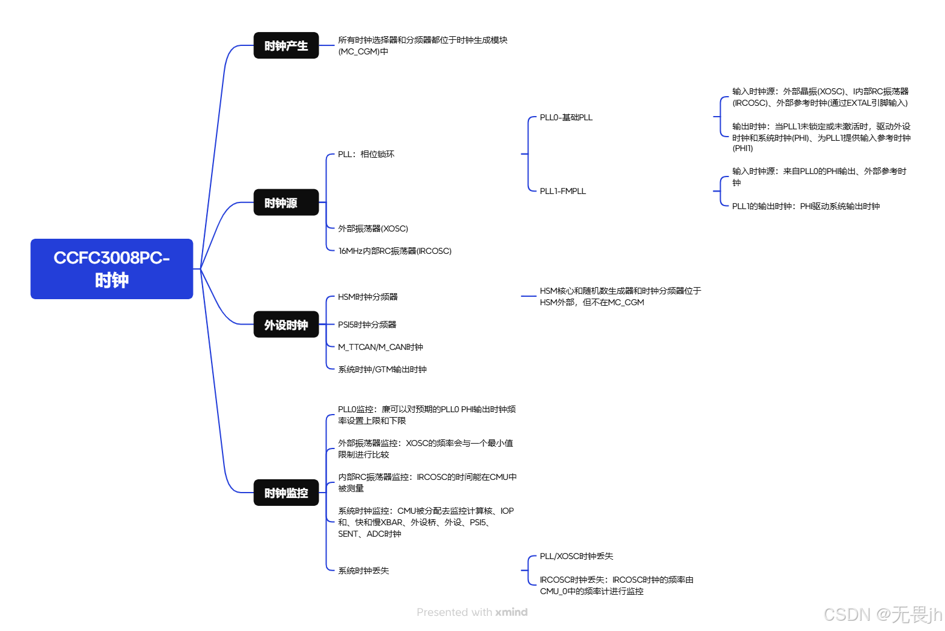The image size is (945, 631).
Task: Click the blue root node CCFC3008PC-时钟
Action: coord(112,269)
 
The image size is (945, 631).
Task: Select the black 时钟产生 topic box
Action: coord(286,46)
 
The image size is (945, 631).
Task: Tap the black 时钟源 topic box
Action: coord(286,203)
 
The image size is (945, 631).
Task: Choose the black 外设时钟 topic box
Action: coord(286,325)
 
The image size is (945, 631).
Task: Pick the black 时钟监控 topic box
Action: coord(286,493)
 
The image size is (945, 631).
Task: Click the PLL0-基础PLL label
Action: coord(566,117)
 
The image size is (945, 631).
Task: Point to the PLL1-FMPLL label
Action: coord(562,191)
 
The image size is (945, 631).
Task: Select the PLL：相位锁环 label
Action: coord(366,154)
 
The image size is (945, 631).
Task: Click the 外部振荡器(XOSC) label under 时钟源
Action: coord(373,228)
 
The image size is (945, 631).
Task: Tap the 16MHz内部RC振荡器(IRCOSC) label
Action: coord(395,251)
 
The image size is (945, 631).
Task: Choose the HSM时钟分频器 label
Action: coord(368,297)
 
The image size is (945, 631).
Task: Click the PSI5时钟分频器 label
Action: coord(367,325)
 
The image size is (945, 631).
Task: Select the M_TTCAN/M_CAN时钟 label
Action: coord(380,347)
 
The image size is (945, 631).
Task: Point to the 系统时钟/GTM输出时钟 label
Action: coord(382,369)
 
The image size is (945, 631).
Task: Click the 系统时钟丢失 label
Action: coord(363,571)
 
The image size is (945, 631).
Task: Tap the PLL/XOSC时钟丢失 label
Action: coord(576,556)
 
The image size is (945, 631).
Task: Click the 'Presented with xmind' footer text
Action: coord(472,612)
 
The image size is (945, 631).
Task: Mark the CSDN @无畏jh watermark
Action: coord(882,615)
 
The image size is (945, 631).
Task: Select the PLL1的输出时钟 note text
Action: coord(805,206)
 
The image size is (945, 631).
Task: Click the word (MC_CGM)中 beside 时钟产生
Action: coord(363,51)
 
